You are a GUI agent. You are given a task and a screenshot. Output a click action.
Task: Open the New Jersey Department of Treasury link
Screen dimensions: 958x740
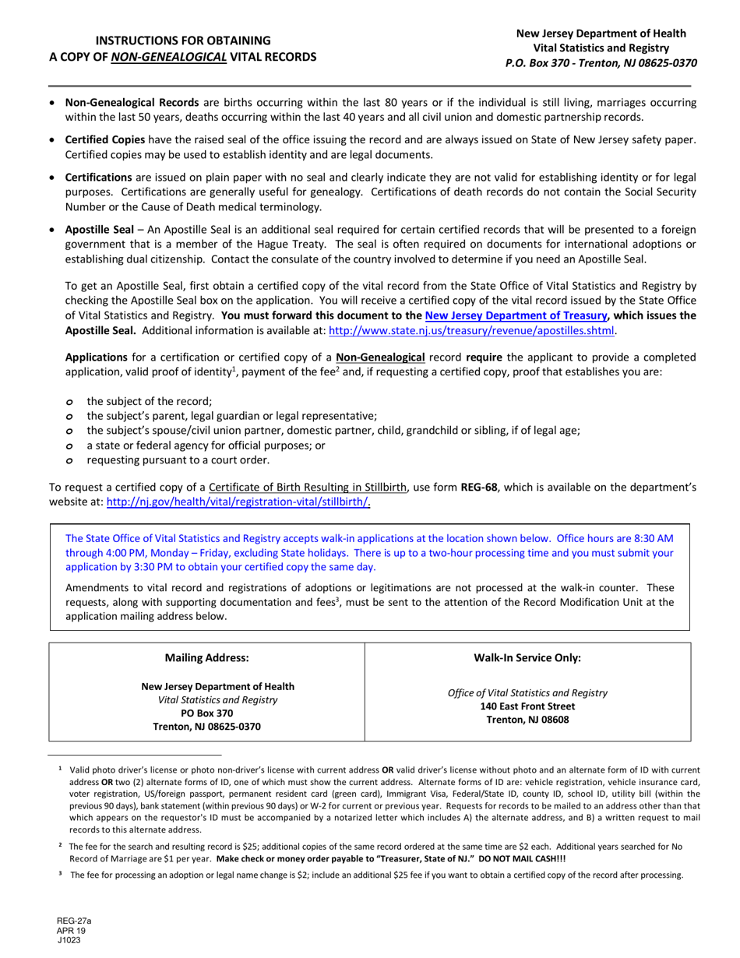click(515, 315)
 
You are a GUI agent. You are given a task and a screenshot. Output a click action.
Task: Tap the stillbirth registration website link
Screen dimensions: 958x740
click(238, 502)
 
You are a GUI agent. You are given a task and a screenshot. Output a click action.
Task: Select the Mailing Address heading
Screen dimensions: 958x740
click(207, 657)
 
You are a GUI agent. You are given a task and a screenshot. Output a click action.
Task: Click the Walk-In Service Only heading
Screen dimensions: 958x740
click(527, 657)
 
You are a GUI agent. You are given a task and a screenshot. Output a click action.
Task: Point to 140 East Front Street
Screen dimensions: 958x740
click(527, 706)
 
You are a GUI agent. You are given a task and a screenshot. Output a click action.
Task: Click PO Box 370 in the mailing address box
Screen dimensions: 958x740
click(206, 713)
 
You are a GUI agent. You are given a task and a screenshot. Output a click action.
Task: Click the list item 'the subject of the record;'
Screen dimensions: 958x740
click(149, 401)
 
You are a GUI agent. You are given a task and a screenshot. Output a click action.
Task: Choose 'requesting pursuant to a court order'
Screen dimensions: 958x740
click(178, 460)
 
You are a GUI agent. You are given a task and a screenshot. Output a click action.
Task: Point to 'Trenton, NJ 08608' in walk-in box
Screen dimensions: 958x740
click(527, 719)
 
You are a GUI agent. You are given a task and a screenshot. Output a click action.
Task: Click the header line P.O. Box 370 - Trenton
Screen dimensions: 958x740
click(601, 64)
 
